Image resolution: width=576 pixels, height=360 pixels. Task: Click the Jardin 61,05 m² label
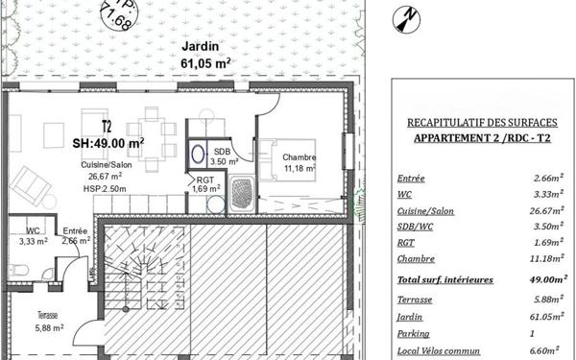coord(200,56)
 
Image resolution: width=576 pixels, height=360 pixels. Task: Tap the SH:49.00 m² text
coord(108,141)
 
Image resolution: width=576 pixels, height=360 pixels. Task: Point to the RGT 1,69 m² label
coord(205,184)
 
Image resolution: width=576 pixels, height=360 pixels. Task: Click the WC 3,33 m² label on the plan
coord(33,236)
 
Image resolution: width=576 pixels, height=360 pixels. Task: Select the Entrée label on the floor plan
coord(76,236)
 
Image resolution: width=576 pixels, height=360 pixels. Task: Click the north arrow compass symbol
coord(409,16)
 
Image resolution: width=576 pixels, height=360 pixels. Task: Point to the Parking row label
coord(415,334)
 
